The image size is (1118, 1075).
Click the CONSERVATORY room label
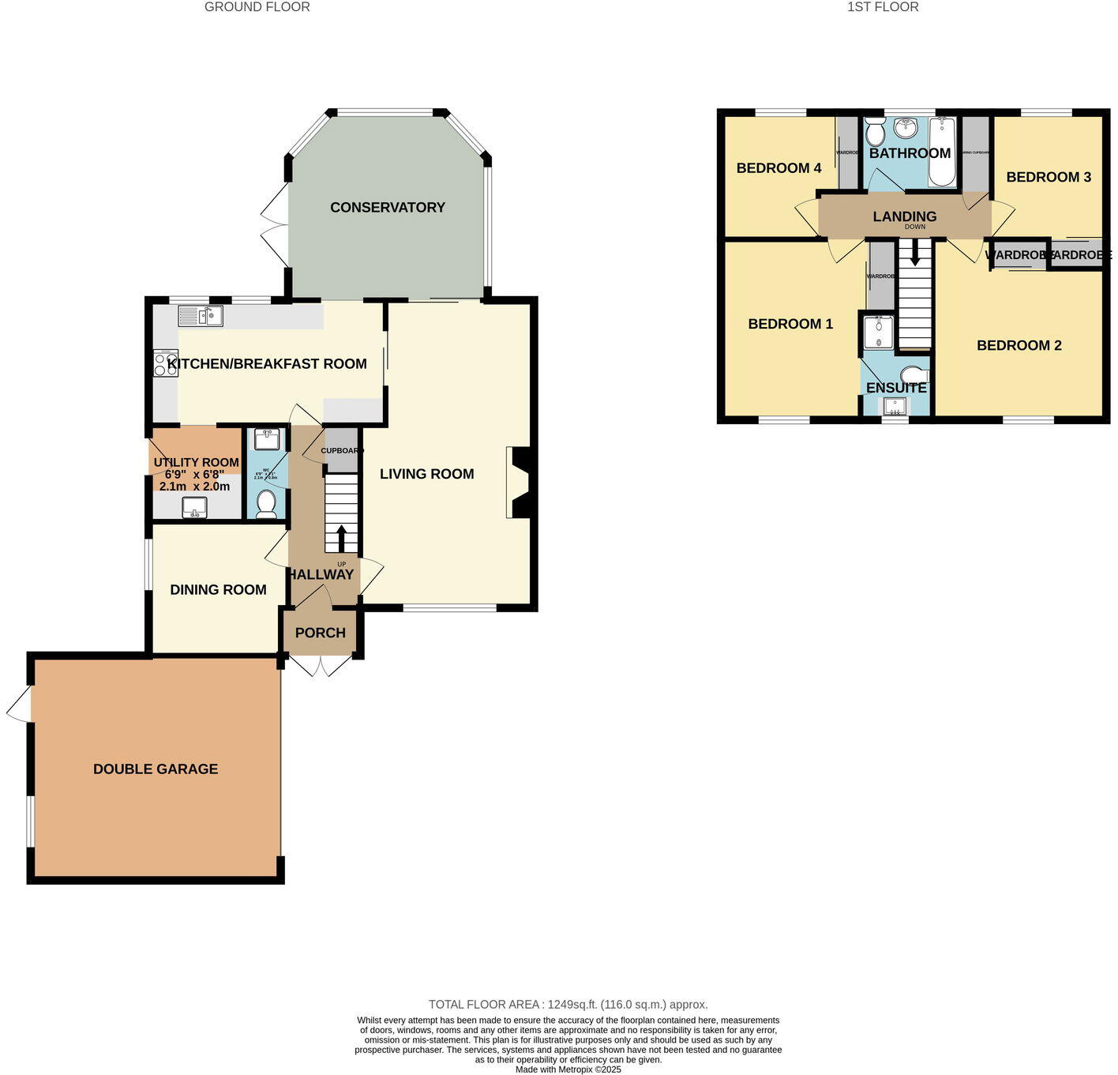pos(387,208)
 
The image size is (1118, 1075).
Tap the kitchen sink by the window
pos(201,316)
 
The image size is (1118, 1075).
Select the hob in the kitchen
pos(166,363)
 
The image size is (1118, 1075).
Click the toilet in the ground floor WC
pos(266,502)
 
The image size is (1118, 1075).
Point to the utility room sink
pos(194,507)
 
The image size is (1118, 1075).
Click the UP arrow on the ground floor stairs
pos(341,539)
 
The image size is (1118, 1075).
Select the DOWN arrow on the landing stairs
pos(915,253)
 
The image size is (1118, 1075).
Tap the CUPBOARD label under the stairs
pos(341,450)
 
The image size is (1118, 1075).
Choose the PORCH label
pos(320,633)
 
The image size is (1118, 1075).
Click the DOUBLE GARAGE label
pos(156,769)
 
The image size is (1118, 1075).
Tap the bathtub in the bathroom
pos(942,152)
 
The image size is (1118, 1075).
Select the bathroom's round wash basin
pos(906,127)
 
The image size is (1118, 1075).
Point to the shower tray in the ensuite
pos(878,333)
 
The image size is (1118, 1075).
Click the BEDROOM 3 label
pos(1048,177)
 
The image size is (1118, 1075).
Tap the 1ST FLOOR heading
pos(883,7)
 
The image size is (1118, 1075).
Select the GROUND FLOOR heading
pos(257,7)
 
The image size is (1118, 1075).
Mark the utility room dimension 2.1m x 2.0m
pos(192,487)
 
